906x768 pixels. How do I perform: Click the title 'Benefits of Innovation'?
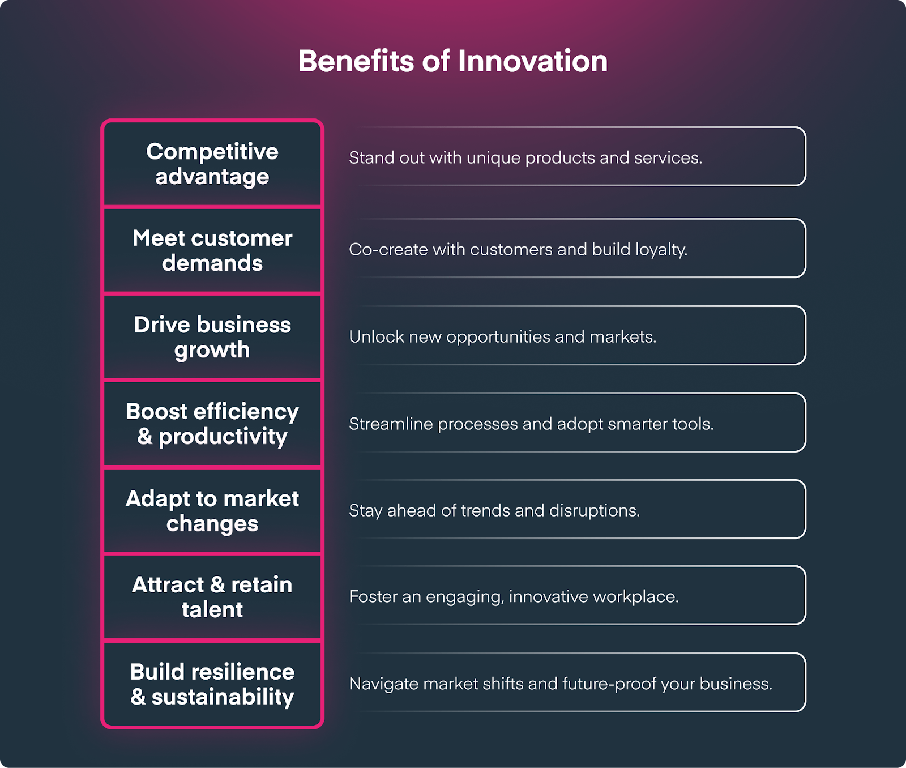[x=453, y=61]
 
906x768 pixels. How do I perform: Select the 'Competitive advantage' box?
[x=212, y=164]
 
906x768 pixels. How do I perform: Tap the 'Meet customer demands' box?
[x=212, y=250]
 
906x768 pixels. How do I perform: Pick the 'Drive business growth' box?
[x=212, y=337]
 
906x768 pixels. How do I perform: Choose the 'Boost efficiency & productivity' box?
[x=212, y=424]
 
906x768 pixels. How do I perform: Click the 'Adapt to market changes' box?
[x=212, y=510]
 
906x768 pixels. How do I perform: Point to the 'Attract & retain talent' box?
[x=212, y=597]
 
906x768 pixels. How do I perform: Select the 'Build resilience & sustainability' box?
[x=212, y=684]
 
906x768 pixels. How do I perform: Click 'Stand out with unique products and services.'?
[x=525, y=157]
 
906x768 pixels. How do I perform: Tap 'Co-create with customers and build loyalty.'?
[x=518, y=249]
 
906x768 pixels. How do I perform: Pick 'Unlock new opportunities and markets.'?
[x=503, y=336]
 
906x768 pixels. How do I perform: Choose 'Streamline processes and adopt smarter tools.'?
[x=531, y=424]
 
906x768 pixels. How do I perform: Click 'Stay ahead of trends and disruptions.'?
[x=494, y=510]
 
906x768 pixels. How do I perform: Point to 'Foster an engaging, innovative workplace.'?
[x=514, y=596]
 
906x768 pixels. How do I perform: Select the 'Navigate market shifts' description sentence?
[x=561, y=684]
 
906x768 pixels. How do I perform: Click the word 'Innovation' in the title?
[x=533, y=61]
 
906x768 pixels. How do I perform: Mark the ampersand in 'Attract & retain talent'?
[x=217, y=584]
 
